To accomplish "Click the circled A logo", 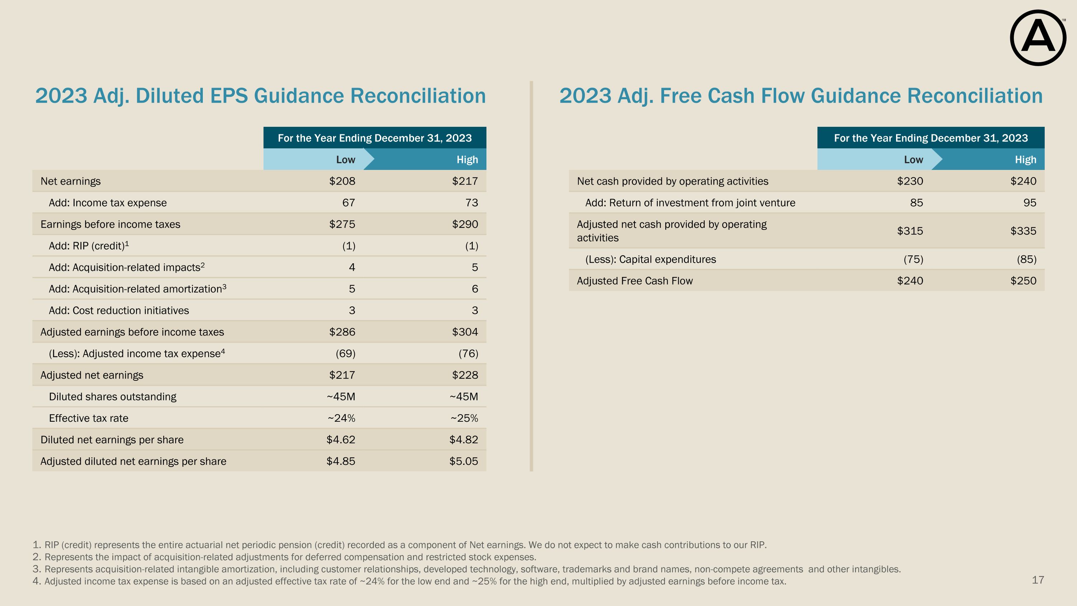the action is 1038,38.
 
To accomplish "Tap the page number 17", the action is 1038,580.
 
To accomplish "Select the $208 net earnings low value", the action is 342,181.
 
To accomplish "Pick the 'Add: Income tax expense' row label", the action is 107,203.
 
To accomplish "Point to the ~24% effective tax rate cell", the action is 341,418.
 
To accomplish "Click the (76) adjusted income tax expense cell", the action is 468,354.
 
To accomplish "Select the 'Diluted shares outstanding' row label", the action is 112,397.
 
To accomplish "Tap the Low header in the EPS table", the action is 345,160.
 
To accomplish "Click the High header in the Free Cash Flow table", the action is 1026,160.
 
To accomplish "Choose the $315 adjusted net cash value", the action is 910,231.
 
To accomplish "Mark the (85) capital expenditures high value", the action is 1026,260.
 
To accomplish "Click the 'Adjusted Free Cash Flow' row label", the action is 635,281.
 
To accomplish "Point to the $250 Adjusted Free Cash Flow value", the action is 1023,281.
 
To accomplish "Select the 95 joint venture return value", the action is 1030,203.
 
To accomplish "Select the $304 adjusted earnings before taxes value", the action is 465,332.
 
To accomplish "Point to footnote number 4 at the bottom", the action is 36,581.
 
